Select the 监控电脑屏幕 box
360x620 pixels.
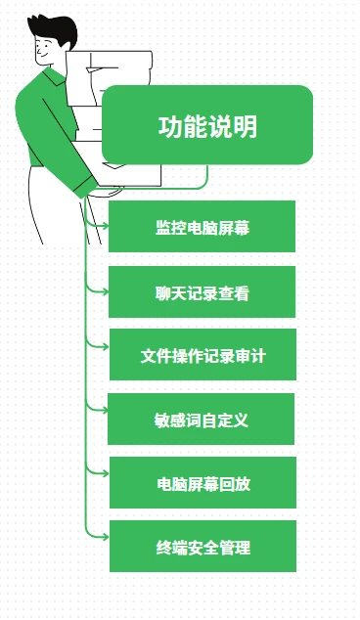click(x=202, y=227)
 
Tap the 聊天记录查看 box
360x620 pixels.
click(x=202, y=291)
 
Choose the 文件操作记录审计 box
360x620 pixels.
click(x=202, y=356)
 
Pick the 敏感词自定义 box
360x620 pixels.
click(x=202, y=420)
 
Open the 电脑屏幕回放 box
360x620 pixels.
click(x=202, y=483)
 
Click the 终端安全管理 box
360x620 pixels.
click(x=202, y=547)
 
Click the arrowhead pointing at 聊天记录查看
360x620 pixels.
click(x=103, y=290)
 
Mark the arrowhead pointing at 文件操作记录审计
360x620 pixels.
click(x=103, y=345)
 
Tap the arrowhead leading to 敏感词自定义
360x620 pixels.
click(x=103, y=407)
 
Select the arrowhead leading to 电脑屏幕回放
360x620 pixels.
click(x=103, y=470)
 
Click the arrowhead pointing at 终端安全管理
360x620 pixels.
click(x=103, y=534)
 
